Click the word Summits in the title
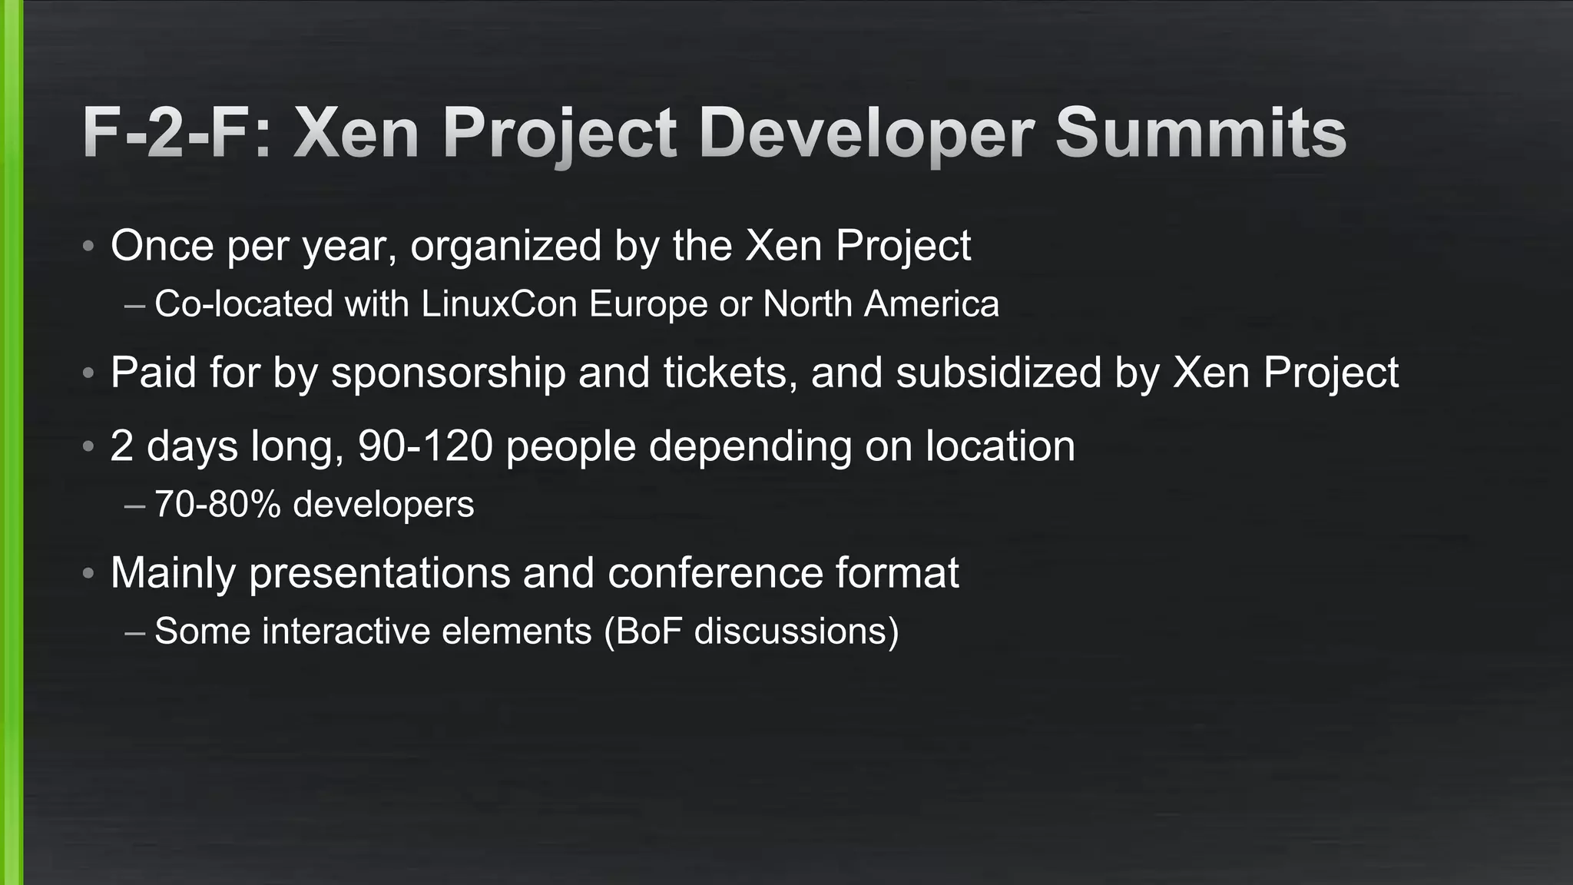click(1200, 133)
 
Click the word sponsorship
click(448, 374)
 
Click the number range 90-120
click(425, 446)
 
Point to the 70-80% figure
click(217, 505)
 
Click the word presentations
click(379, 574)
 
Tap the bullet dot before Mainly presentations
click(89, 574)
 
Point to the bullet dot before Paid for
click(89, 374)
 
